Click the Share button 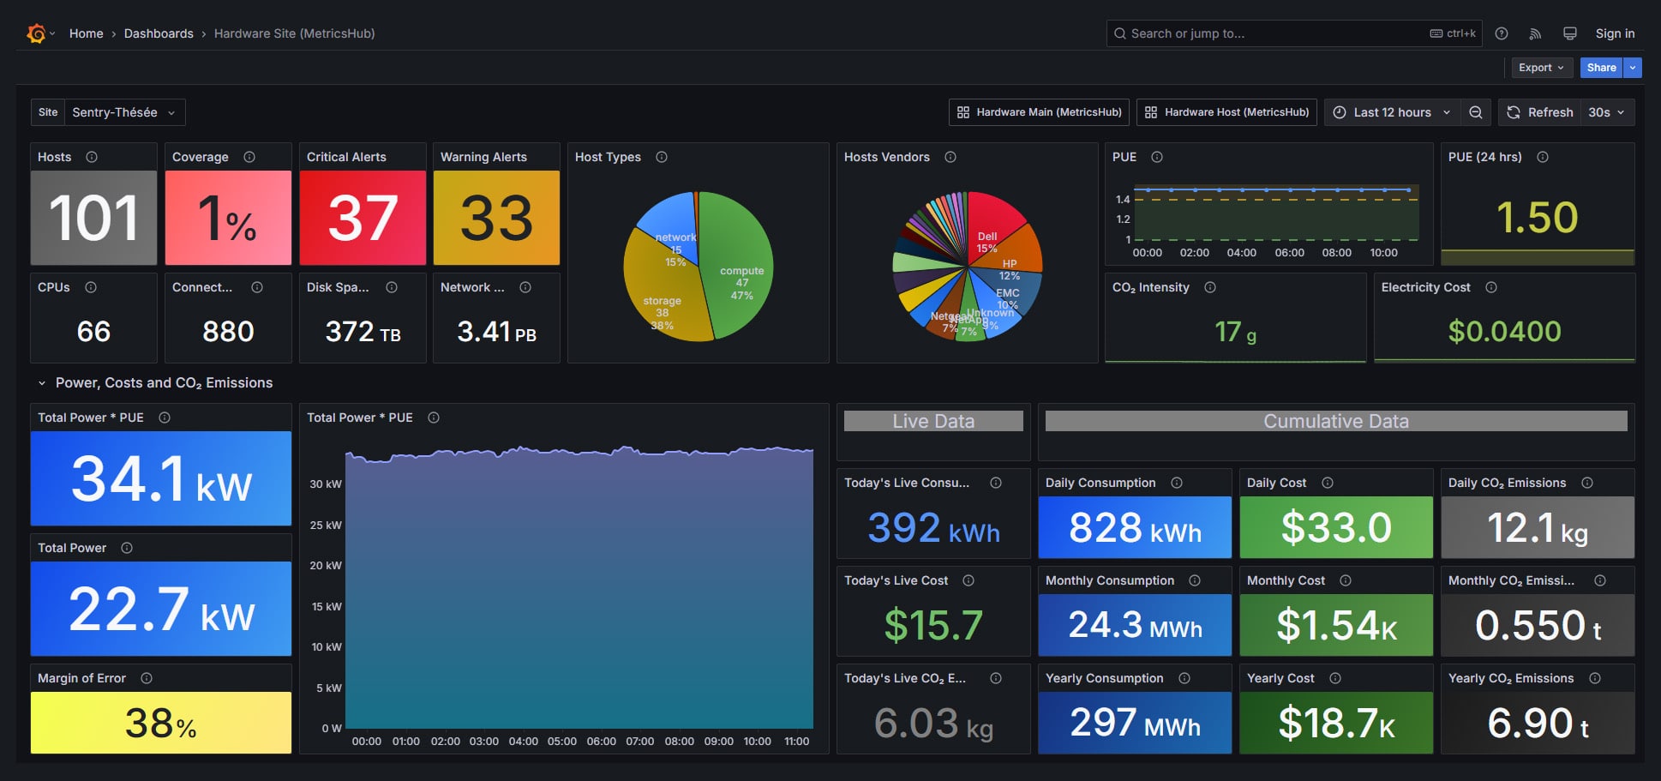1600,68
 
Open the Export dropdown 1540,68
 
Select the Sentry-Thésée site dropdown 123,112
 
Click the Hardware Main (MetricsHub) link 1039,112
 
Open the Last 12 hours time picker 1392,112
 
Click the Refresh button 1541,112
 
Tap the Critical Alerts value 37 363,218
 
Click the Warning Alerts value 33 496,218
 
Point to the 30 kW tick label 326,484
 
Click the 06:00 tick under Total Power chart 601,742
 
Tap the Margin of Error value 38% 160,723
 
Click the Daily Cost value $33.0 1335,527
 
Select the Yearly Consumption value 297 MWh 1134,723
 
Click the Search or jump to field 1277,33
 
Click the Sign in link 1615,33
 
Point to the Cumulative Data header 1335,421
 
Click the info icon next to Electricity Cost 1491,287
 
